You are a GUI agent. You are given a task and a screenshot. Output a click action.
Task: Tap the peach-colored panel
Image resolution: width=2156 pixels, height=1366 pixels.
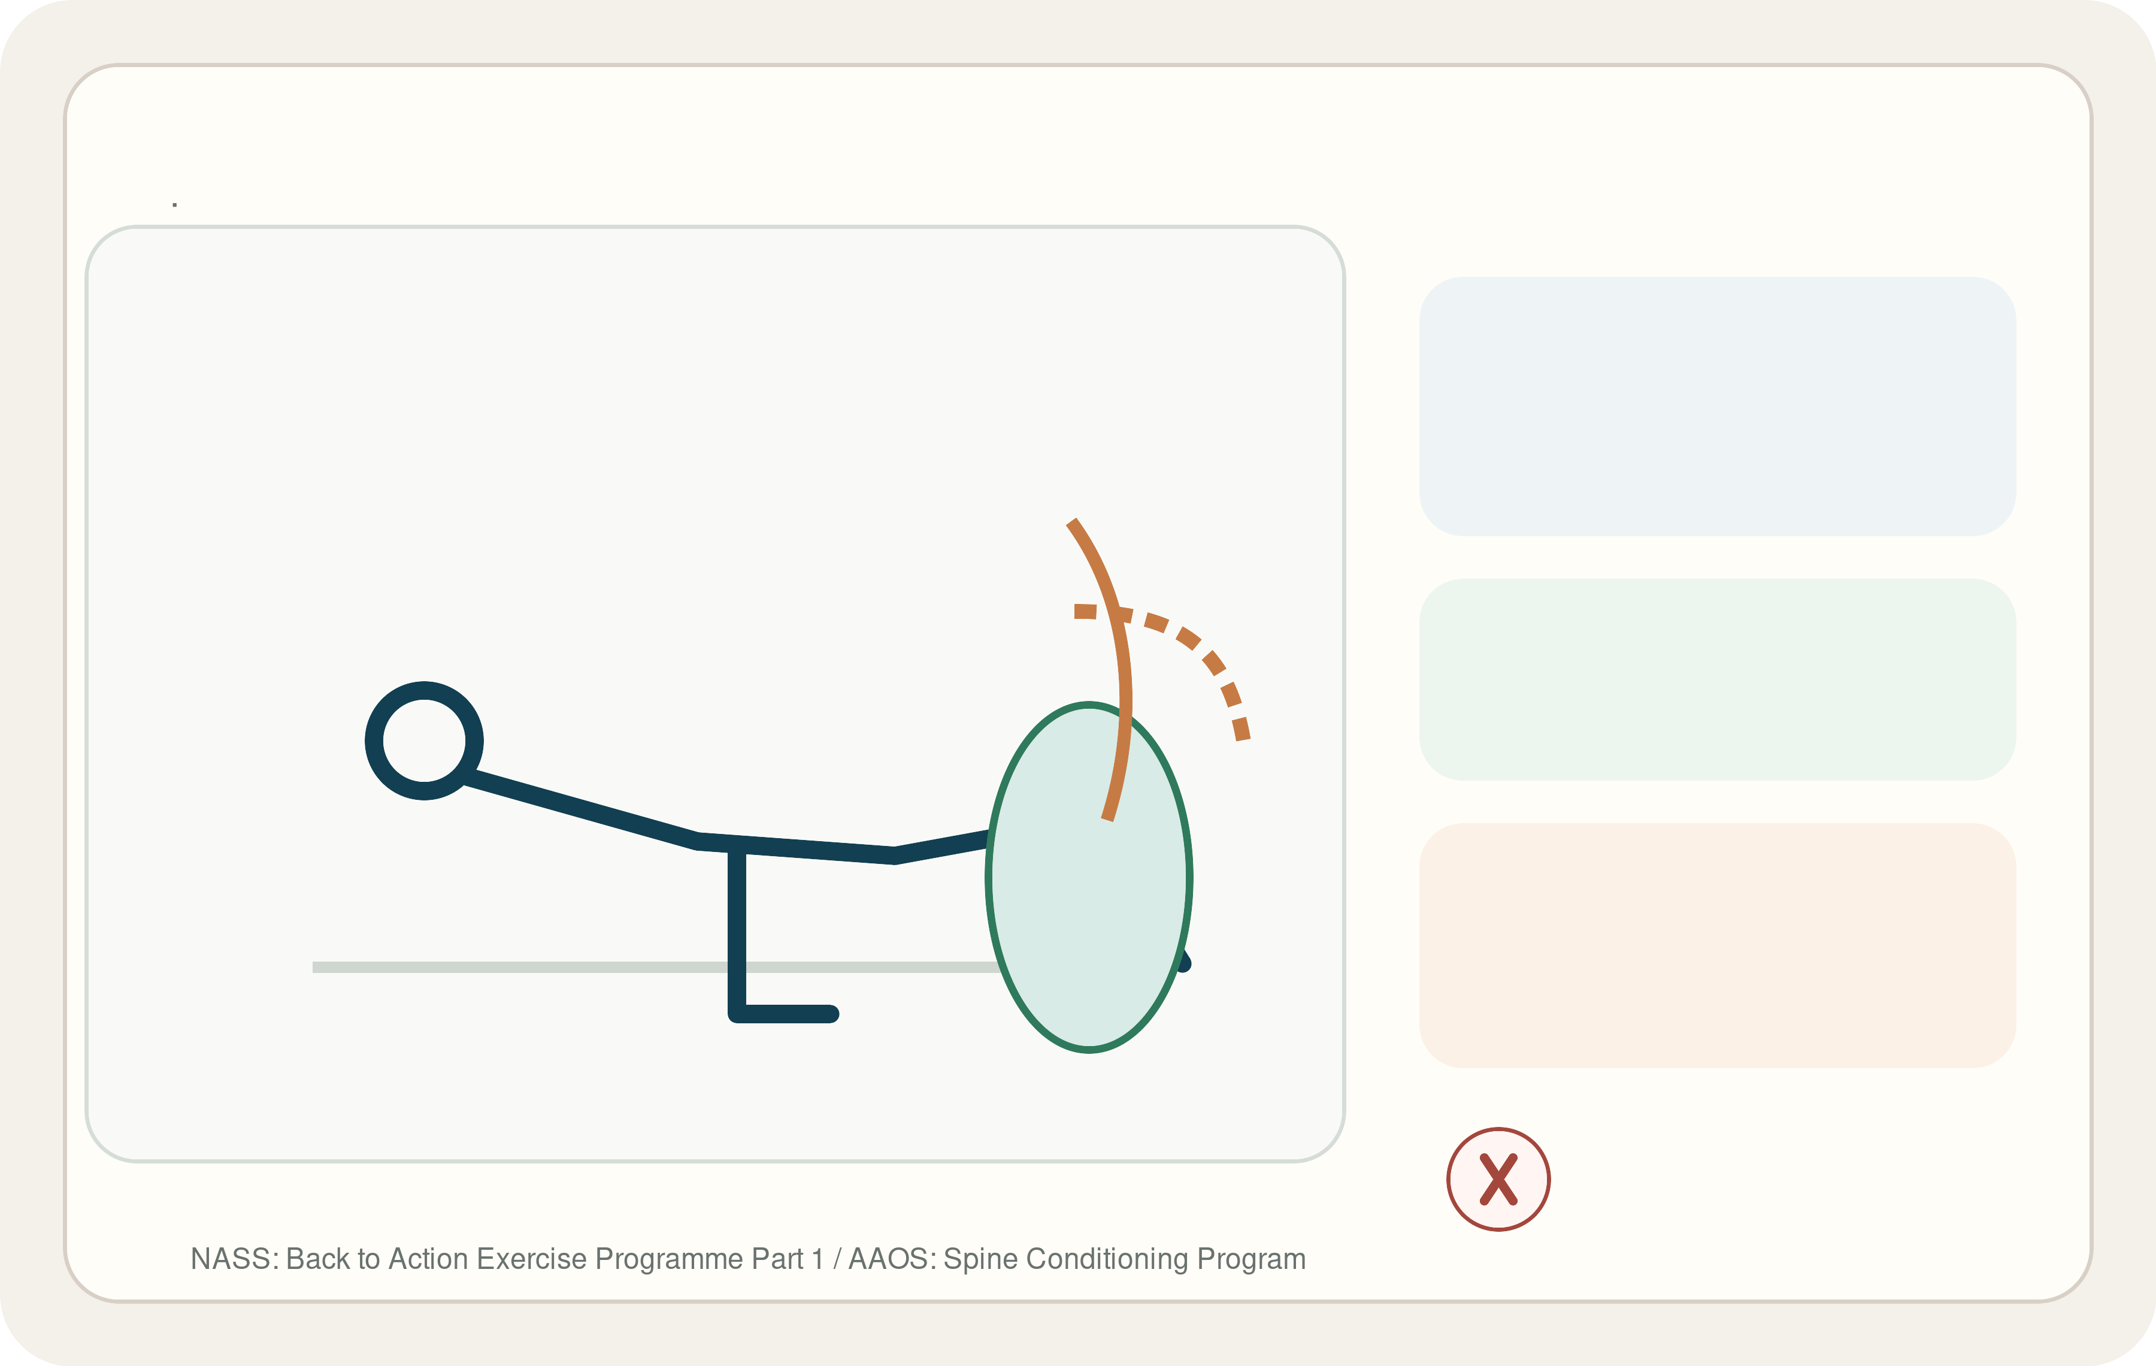pyautogui.click(x=1717, y=945)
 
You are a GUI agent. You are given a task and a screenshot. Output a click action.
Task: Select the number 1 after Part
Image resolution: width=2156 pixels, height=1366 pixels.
pyautogui.click(x=816, y=1259)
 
